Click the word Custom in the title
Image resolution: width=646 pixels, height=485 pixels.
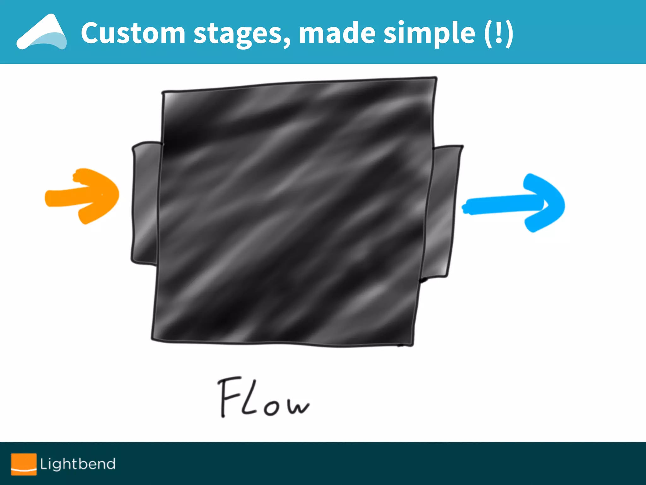(133, 33)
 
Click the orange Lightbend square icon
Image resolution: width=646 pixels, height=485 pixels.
(24, 464)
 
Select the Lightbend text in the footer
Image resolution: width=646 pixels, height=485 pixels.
(78, 464)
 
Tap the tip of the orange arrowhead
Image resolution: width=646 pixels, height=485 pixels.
(117, 194)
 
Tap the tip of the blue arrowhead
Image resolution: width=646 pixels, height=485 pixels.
(563, 205)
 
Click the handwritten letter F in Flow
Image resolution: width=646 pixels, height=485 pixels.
(229, 396)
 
